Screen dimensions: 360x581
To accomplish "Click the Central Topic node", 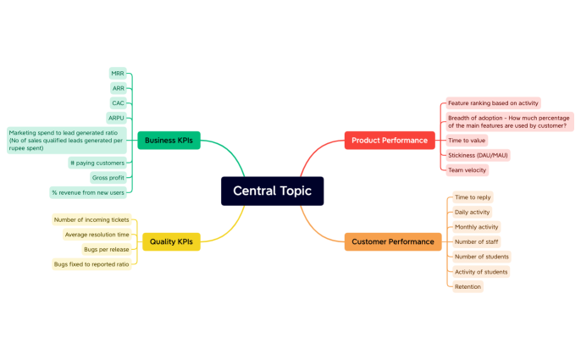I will coord(272,191).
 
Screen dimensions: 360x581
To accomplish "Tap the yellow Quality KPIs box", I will coord(171,241).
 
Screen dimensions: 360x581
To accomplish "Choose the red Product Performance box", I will coord(390,140).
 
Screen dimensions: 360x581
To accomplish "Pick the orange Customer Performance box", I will coord(393,241).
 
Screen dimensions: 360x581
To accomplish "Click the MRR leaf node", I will coord(118,74).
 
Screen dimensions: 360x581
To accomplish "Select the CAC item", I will coord(118,103).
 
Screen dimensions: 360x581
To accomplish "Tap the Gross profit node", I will coord(108,177).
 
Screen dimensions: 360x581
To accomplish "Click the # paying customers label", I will coord(97,163).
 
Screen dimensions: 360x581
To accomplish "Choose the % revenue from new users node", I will coord(88,192).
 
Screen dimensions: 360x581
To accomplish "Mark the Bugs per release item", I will coord(106,250).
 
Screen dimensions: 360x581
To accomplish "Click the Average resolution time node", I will coord(97,235).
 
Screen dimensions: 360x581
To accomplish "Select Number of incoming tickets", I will coord(91,220).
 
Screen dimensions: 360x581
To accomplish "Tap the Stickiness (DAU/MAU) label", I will coord(479,156).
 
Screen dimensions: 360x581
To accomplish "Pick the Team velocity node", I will coord(468,170).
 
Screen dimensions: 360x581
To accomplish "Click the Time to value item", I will coord(468,141).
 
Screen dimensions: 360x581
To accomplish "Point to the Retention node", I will coord(468,286).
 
